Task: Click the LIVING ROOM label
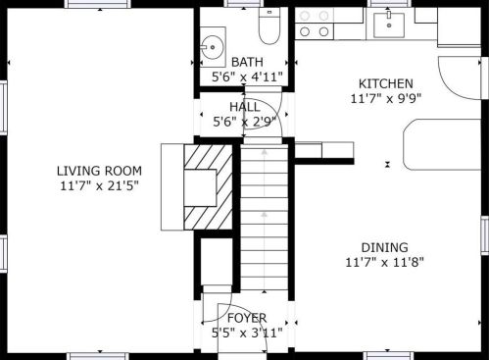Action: click(99, 171)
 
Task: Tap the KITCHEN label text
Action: click(386, 83)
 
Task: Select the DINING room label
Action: click(385, 247)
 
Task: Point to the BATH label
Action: click(247, 62)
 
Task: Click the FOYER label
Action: click(247, 318)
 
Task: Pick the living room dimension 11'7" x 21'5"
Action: click(100, 186)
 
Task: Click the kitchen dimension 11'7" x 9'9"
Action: click(386, 98)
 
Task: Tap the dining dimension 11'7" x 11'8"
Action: click(385, 262)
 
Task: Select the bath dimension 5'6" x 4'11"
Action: click(247, 77)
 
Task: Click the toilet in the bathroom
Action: click(269, 26)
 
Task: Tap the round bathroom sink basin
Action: click(212, 47)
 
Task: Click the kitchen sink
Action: click(389, 26)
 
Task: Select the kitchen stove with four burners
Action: click(315, 24)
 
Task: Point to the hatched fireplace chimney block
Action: click(209, 187)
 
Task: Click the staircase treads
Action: click(265, 217)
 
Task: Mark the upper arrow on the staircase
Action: click(265, 152)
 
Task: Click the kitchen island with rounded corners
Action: click(442, 144)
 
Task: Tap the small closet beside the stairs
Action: click(217, 262)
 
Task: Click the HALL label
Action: click(245, 107)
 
